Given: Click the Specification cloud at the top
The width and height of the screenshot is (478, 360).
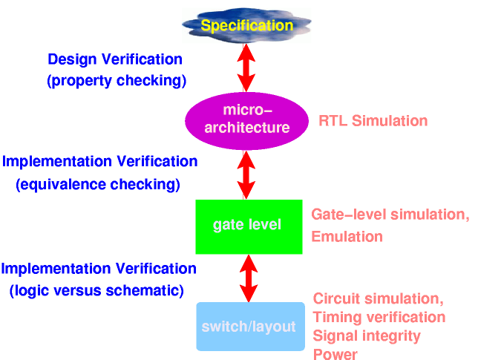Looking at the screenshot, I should tap(247, 26).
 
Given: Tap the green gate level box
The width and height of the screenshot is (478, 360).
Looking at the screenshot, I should tap(247, 224).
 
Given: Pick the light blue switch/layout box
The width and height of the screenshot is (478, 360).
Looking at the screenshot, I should tap(250, 326).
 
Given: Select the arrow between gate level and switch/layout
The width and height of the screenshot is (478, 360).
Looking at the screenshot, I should tap(249, 275).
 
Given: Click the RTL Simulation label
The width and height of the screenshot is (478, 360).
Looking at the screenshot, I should tap(373, 120).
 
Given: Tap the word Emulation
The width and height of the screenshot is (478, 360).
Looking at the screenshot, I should tap(347, 237).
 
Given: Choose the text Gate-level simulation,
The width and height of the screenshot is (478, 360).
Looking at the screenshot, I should tap(390, 215).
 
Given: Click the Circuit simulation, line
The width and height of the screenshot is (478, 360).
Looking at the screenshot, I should tap(378, 299).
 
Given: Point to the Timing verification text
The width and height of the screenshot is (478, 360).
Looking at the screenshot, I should tap(379, 318).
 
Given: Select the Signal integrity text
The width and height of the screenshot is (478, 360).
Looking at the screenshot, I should tap(367, 336).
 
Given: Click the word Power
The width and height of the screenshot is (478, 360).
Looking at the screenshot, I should tap(335, 355).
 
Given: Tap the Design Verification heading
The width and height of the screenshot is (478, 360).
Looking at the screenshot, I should tap(115, 59).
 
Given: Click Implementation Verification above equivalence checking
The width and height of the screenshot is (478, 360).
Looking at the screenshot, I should tap(100, 162).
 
